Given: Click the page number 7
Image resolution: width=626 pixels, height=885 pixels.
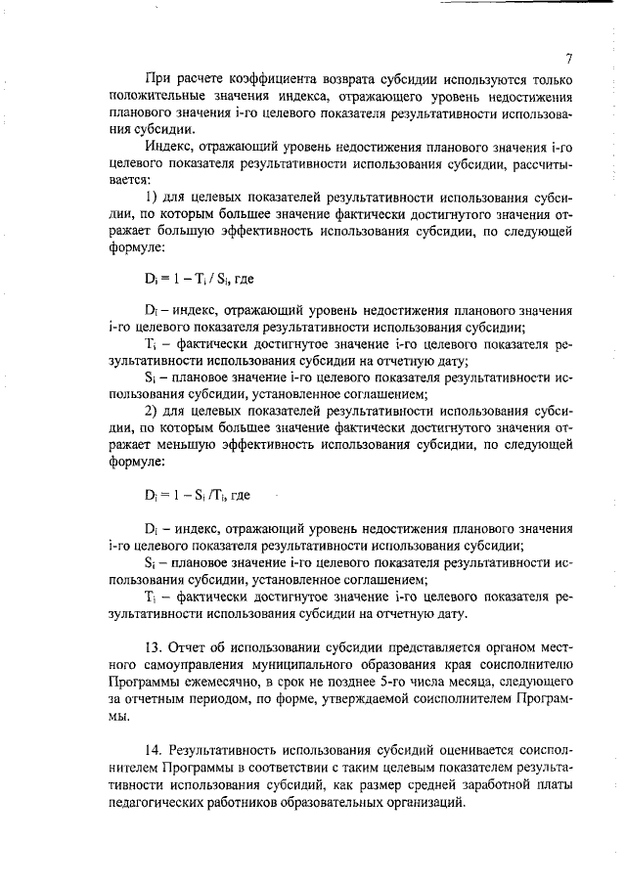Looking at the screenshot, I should click(x=567, y=58).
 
